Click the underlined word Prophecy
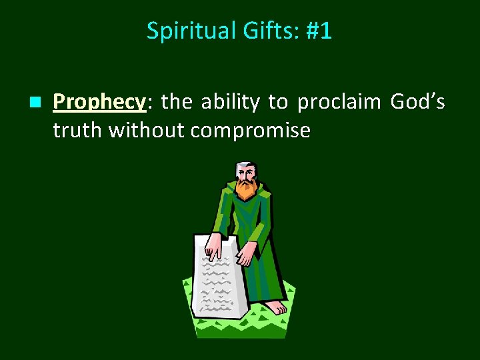[99, 102]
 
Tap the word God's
[417, 102]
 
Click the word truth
[78, 131]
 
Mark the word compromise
[250, 131]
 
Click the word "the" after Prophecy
[176, 102]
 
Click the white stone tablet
[219, 280]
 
